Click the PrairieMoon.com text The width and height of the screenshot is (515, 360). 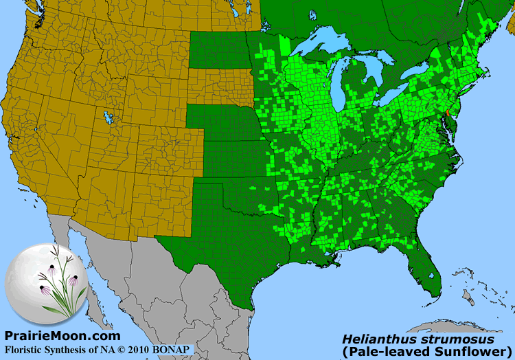click(62, 336)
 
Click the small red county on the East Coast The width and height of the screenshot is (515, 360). click(446, 111)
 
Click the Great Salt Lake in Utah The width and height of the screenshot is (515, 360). click(107, 117)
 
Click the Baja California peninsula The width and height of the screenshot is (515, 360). click(82, 275)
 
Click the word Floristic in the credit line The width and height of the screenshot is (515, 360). click(25, 349)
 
